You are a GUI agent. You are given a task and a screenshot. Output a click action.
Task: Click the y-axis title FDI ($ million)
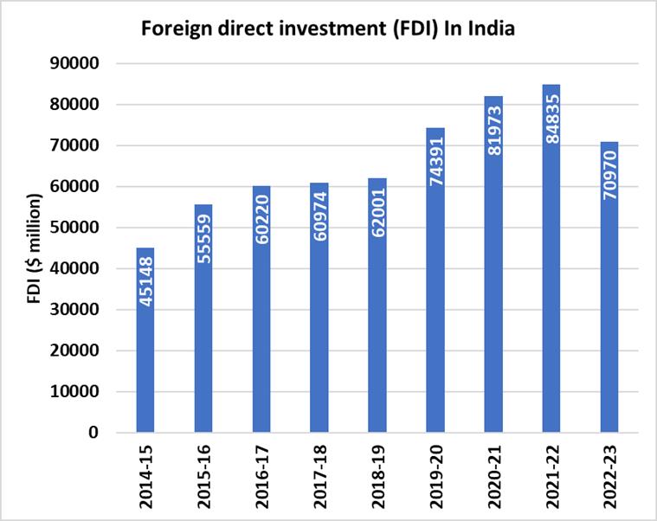click(x=35, y=249)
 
